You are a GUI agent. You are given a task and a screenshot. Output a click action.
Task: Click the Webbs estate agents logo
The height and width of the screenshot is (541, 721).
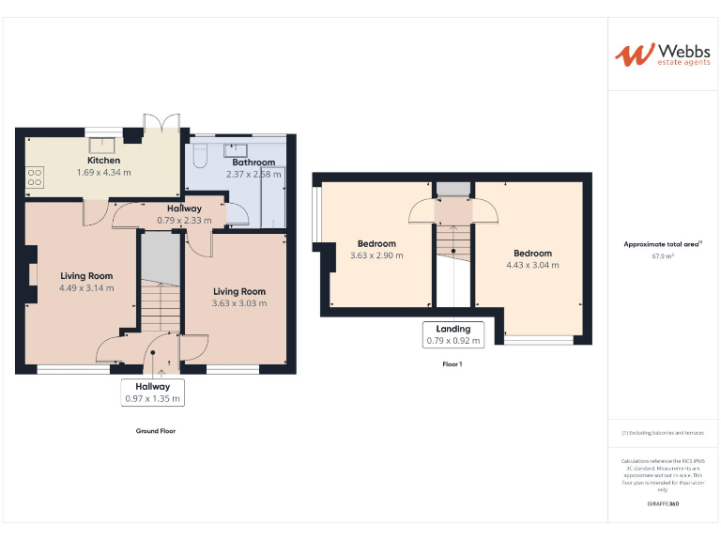[x=662, y=54]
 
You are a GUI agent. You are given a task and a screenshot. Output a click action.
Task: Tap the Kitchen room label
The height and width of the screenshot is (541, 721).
[x=103, y=161]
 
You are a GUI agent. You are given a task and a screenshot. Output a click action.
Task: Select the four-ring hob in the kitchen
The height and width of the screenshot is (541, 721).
[x=37, y=176]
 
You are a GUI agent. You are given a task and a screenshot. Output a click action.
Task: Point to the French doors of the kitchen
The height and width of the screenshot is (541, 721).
[x=161, y=124]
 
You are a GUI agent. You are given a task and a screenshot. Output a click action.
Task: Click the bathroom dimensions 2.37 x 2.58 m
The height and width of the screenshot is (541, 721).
[x=253, y=174]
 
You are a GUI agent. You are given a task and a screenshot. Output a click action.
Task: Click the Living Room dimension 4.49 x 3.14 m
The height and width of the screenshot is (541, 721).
[x=86, y=288]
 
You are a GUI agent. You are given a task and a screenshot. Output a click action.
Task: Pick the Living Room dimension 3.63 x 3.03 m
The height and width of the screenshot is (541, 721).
[x=238, y=303]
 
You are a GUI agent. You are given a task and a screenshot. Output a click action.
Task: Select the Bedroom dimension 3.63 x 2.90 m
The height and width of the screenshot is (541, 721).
[x=376, y=255]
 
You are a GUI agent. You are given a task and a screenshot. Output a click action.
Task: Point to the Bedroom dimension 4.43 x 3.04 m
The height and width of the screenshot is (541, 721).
[x=532, y=265]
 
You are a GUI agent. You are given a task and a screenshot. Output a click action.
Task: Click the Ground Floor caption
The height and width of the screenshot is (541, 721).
[x=155, y=431]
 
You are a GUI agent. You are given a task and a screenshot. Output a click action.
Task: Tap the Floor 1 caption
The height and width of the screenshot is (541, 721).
[x=453, y=363]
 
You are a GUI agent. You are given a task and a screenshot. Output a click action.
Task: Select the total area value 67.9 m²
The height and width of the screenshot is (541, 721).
[x=662, y=255]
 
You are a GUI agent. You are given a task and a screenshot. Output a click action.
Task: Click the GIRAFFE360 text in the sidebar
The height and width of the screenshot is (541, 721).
[x=662, y=504]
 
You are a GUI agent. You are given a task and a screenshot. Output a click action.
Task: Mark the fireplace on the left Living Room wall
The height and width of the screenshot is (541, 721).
[x=31, y=273]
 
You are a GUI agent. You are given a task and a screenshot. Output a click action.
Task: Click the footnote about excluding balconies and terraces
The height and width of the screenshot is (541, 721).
[x=662, y=432]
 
